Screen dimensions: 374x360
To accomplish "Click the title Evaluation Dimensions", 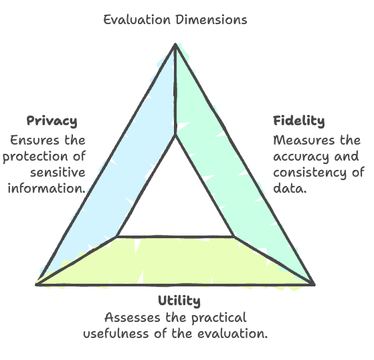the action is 175,20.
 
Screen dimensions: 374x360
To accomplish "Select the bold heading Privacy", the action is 52,121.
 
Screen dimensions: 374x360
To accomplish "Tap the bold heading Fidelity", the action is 299,120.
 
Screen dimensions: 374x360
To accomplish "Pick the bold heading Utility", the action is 179,300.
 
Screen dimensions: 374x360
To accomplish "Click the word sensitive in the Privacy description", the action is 58,173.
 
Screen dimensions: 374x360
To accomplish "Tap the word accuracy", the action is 302,157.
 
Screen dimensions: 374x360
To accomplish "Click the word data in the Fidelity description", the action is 288,189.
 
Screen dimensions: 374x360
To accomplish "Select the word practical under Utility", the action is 219,319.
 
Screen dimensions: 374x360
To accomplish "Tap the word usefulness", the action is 116,333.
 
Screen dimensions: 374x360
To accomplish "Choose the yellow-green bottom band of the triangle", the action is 175,261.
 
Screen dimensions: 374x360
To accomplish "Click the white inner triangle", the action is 175,203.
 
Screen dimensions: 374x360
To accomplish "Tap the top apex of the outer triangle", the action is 175,44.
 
